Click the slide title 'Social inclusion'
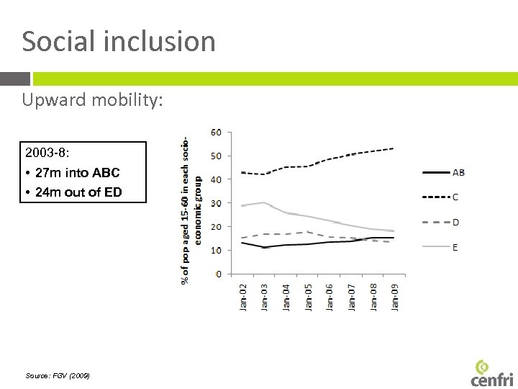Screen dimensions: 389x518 (119, 41)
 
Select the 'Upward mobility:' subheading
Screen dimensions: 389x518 (93, 100)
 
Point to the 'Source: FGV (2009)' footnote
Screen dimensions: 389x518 (58, 376)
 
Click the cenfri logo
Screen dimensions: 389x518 (492, 372)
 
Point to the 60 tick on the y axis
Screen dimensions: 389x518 (216, 133)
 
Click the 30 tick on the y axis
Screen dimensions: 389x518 (216, 203)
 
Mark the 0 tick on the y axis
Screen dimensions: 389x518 (218, 274)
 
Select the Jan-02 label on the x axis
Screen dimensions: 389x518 (242, 296)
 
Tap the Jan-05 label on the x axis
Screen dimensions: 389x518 (308, 296)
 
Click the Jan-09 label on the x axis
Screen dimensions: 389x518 (395, 296)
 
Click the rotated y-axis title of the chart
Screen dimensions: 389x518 (191, 209)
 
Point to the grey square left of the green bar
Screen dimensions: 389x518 (14, 79)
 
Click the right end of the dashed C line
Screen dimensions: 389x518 (393, 148)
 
